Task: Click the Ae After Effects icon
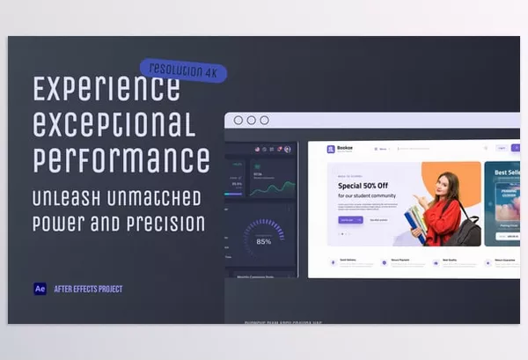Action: [40, 289]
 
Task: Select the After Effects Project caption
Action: [88, 289]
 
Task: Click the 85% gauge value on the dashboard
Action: [264, 240]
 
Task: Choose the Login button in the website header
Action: [501, 148]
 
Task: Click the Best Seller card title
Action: [507, 173]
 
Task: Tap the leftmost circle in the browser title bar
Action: [238, 121]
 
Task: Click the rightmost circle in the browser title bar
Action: [263, 121]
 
